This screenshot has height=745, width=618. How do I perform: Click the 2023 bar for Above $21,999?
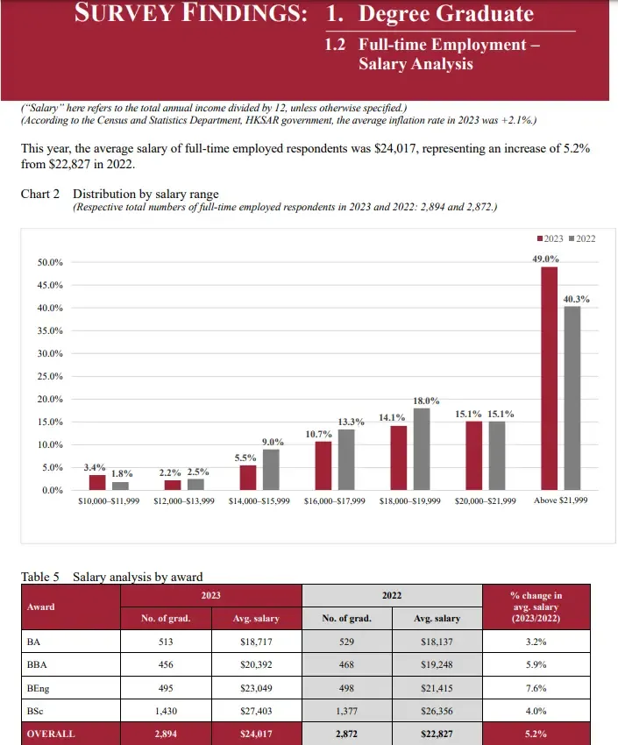550,378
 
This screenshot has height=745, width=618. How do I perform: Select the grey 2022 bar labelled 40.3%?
572,398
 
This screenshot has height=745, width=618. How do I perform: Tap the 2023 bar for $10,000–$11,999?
97,482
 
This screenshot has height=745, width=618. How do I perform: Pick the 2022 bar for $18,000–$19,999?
421,449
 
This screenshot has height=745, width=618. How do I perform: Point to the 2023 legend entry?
549,238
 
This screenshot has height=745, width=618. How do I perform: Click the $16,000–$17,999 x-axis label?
334,501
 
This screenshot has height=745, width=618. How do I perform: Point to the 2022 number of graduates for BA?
347,642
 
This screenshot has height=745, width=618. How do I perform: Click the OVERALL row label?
51,734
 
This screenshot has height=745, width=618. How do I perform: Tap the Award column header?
40,607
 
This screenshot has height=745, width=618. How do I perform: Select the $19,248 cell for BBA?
436,665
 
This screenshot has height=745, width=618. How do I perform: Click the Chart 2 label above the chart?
40,194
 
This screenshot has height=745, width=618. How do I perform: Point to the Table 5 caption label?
40,577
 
